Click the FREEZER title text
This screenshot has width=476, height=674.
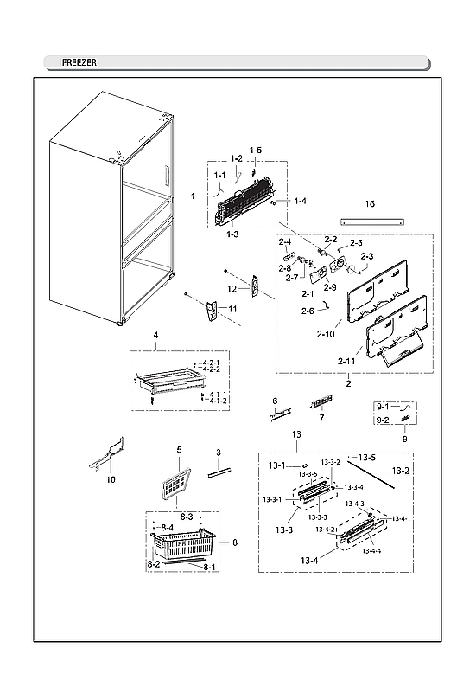point(79,63)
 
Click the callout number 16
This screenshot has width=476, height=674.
point(370,205)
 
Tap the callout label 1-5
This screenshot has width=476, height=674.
point(256,151)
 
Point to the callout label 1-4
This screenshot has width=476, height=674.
point(300,201)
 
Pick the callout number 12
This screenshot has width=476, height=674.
point(232,288)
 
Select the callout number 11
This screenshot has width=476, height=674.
point(232,309)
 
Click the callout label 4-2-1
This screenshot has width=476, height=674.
point(211,363)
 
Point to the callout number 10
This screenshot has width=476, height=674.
point(110,478)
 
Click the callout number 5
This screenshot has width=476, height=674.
point(179,450)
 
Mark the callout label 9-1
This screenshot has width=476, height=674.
point(383,405)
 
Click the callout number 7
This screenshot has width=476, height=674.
point(321,418)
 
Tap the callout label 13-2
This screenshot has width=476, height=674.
point(400,471)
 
